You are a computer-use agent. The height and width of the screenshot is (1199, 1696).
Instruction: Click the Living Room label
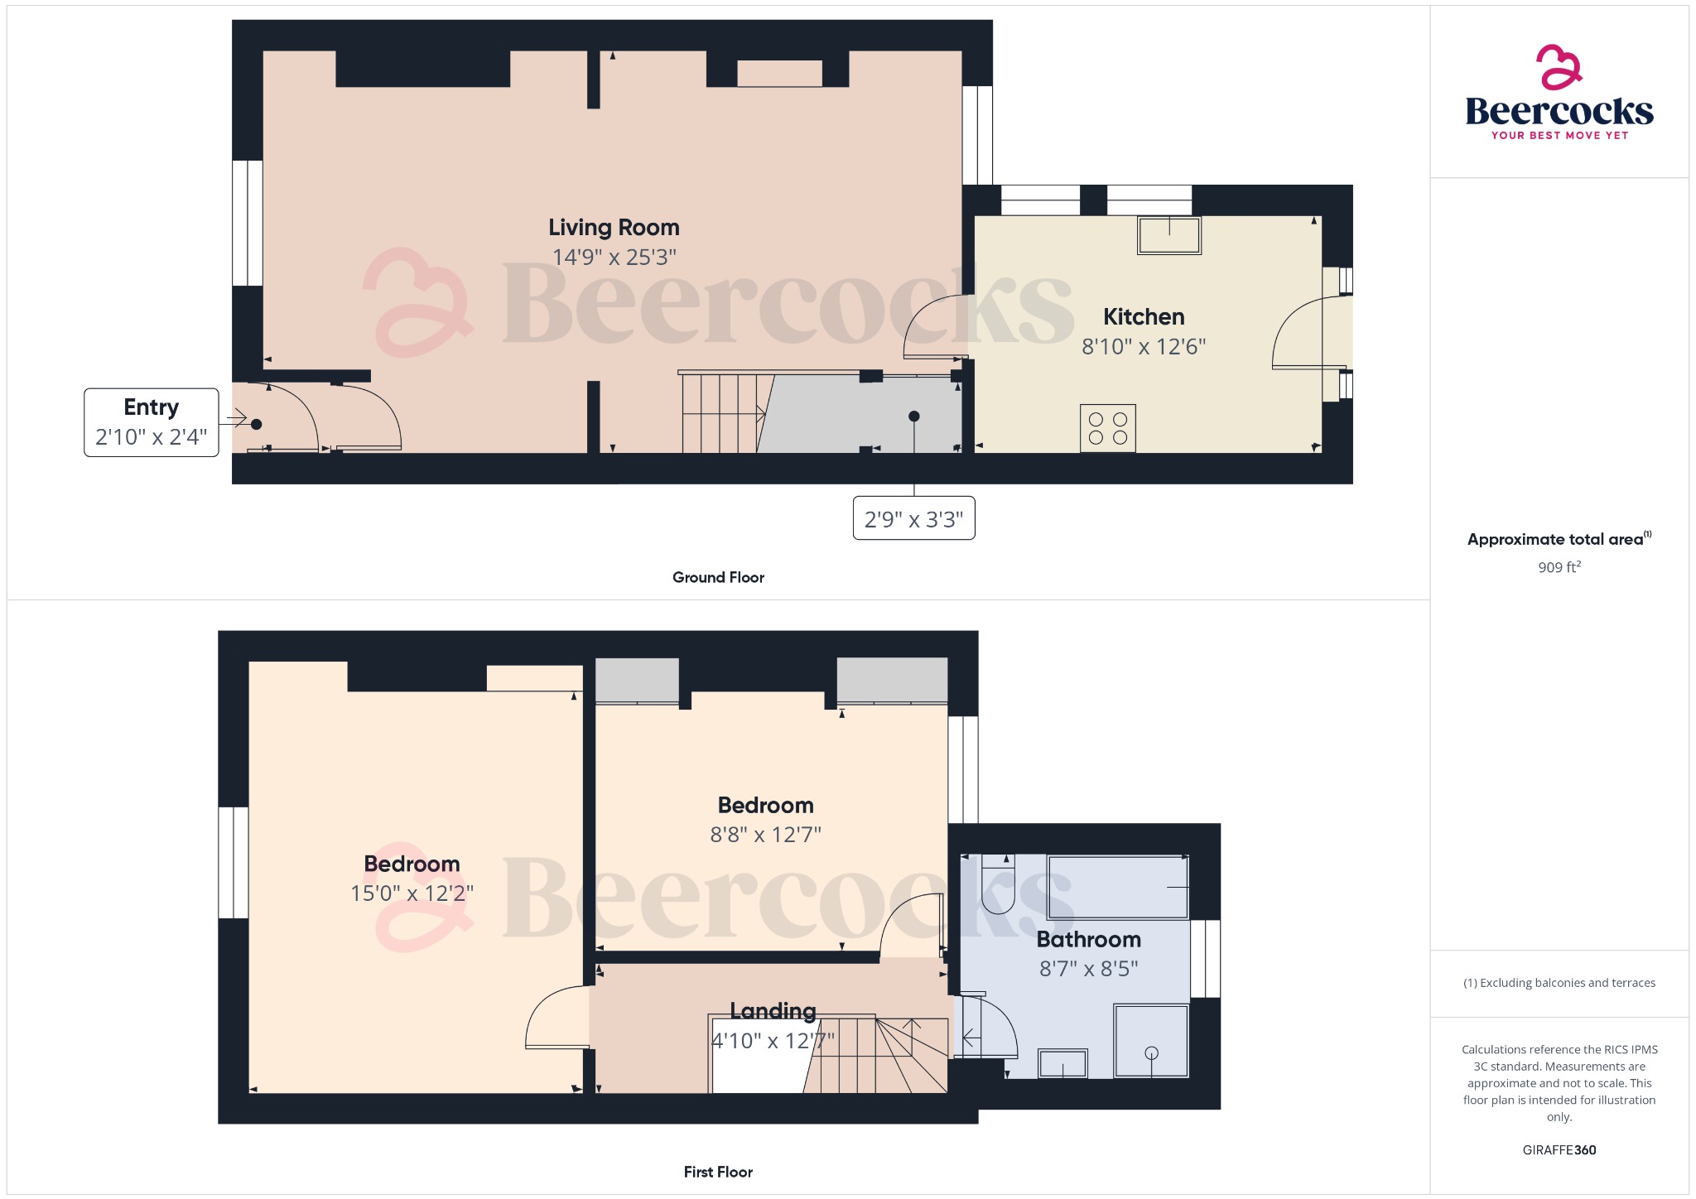(x=614, y=228)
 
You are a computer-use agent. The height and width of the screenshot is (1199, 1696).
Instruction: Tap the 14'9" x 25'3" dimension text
(x=614, y=258)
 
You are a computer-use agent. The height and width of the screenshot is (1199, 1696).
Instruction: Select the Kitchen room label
(x=1144, y=317)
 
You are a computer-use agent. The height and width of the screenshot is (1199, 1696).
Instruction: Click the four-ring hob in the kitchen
(x=1107, y=428)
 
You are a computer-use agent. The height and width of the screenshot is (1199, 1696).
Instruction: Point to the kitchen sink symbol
(x=1168, y=235)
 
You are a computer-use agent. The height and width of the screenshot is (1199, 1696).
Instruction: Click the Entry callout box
(x=152, y=422)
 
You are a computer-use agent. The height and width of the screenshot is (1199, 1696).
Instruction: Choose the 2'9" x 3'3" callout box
(x=913, y=518)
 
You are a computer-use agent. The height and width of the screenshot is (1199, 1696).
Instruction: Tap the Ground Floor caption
(x=718, y=577)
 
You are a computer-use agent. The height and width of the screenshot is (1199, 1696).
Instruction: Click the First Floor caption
(x=718, y=1172)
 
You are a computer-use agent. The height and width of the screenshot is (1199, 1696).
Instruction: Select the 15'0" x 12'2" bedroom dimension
(x=412, y=893)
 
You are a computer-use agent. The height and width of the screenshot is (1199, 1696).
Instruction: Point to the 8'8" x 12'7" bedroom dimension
(x=765, y=835)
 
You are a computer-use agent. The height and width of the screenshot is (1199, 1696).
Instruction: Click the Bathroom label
(x=1088, y=940)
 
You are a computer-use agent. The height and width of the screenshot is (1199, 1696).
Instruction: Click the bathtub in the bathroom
(x=1117, y=887)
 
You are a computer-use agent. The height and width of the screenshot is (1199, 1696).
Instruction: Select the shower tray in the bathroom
(x=1151, y=1041)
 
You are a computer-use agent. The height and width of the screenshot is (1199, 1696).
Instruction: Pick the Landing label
(x=773, y=1011)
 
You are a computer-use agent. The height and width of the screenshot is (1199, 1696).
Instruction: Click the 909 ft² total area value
(x=1559, y=567)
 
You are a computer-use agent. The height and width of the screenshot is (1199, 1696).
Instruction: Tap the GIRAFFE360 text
(x=1559, y=1150)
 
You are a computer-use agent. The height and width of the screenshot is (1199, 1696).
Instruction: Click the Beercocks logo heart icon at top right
(x=1559, y=67)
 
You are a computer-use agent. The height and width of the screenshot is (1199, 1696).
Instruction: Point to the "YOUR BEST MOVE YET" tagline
(x=1559, y=135)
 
